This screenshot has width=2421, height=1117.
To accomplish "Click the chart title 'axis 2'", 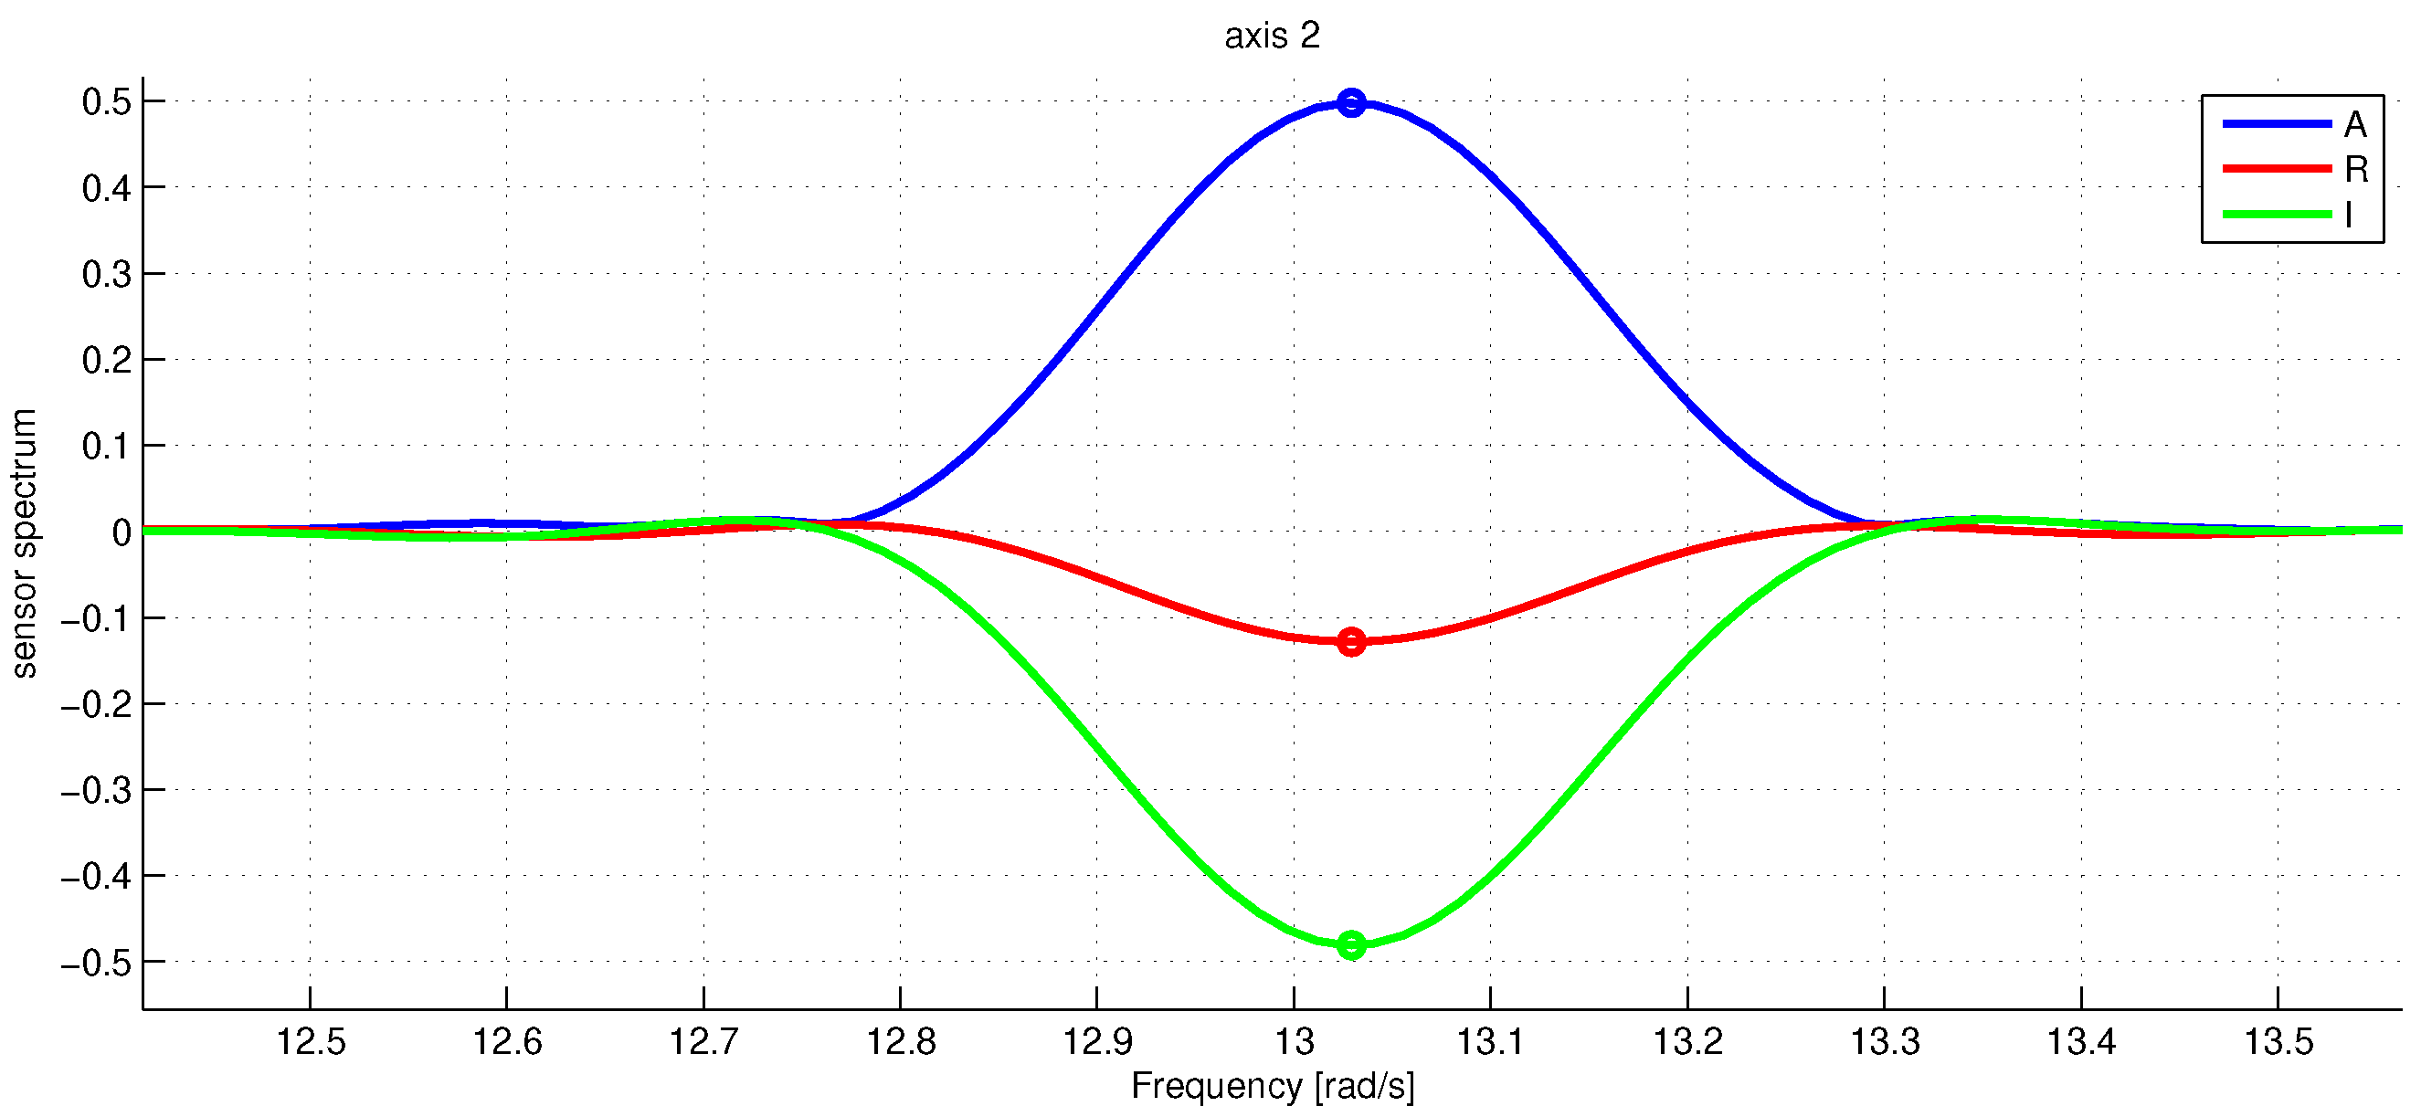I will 1272,36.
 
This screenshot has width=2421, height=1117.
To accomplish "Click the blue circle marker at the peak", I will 1350,102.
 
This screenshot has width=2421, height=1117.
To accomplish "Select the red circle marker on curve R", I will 1350,642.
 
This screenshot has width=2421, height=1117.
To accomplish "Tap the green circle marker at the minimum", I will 1350,944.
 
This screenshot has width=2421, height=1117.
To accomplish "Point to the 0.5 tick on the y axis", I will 106,101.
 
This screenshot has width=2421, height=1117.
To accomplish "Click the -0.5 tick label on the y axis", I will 96,963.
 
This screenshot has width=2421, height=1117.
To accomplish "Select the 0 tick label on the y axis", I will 122,532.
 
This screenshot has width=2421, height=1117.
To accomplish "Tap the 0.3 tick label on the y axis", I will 106,274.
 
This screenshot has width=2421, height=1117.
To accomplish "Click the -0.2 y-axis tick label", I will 96,704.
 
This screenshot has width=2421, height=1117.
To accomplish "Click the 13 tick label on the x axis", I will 1295,1041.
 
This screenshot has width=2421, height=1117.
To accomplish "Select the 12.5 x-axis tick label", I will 310,1041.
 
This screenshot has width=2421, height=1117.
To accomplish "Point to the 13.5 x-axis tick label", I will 2278,1041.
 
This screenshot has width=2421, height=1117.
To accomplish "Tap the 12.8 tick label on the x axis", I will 901,1041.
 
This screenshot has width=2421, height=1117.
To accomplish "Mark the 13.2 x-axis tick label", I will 1688,1041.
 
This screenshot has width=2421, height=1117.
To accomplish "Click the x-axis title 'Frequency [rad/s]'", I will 1272,1085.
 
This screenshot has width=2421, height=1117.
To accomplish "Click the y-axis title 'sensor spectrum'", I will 24,543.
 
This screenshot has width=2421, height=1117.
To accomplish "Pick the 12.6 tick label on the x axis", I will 506,1041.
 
